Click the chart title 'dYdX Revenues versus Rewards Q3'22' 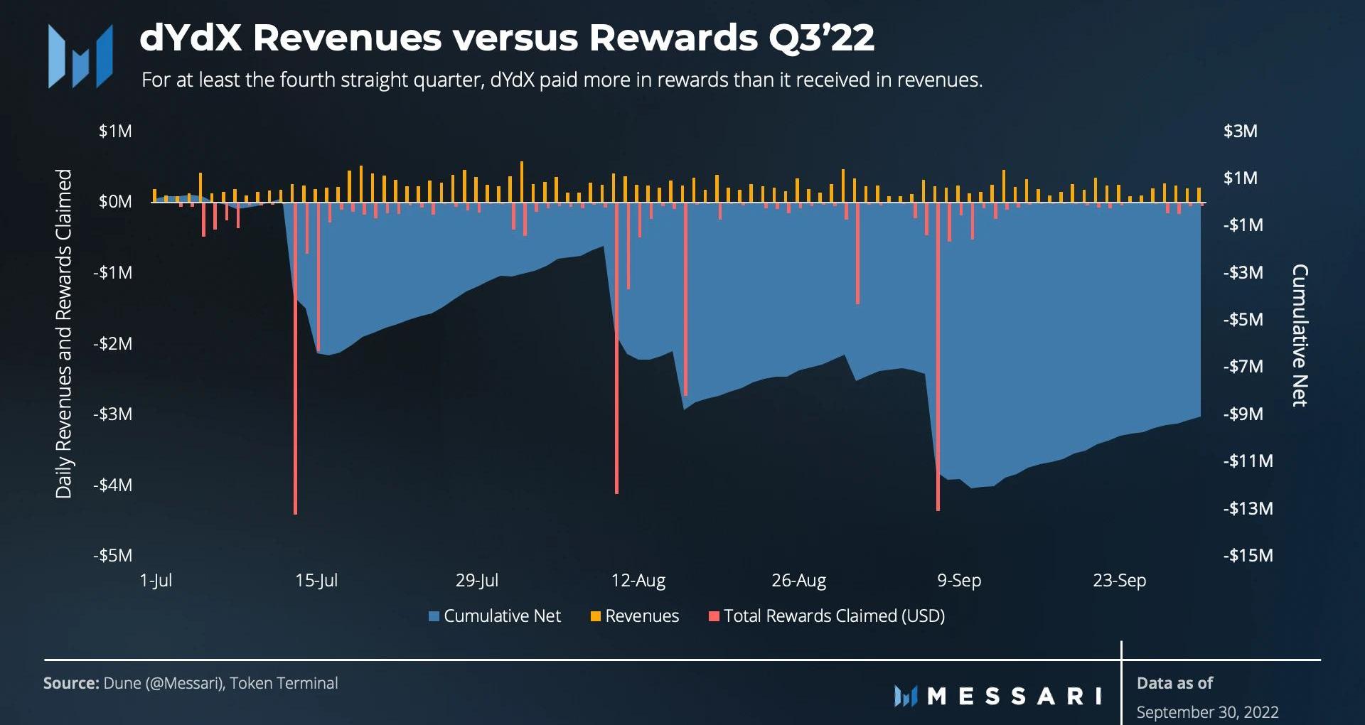tap(507, 38)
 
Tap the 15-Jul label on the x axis tap(316, 581)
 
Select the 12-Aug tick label tap(638, 581)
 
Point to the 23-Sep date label tap(1119, 581)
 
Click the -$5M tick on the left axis tap(113, 555)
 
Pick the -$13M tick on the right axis tap(1248, 508)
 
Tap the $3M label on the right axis tap(1240, 131)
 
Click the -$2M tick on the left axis tap(113, 343)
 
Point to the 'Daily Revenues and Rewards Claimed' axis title tap(64, 333)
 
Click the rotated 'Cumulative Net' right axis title tap(1300, 335)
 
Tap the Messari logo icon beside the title tap(80, 57)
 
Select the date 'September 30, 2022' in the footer tap(1207, 711)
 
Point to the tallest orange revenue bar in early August tap(522, 182)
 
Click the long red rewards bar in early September tap(938, 355)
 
